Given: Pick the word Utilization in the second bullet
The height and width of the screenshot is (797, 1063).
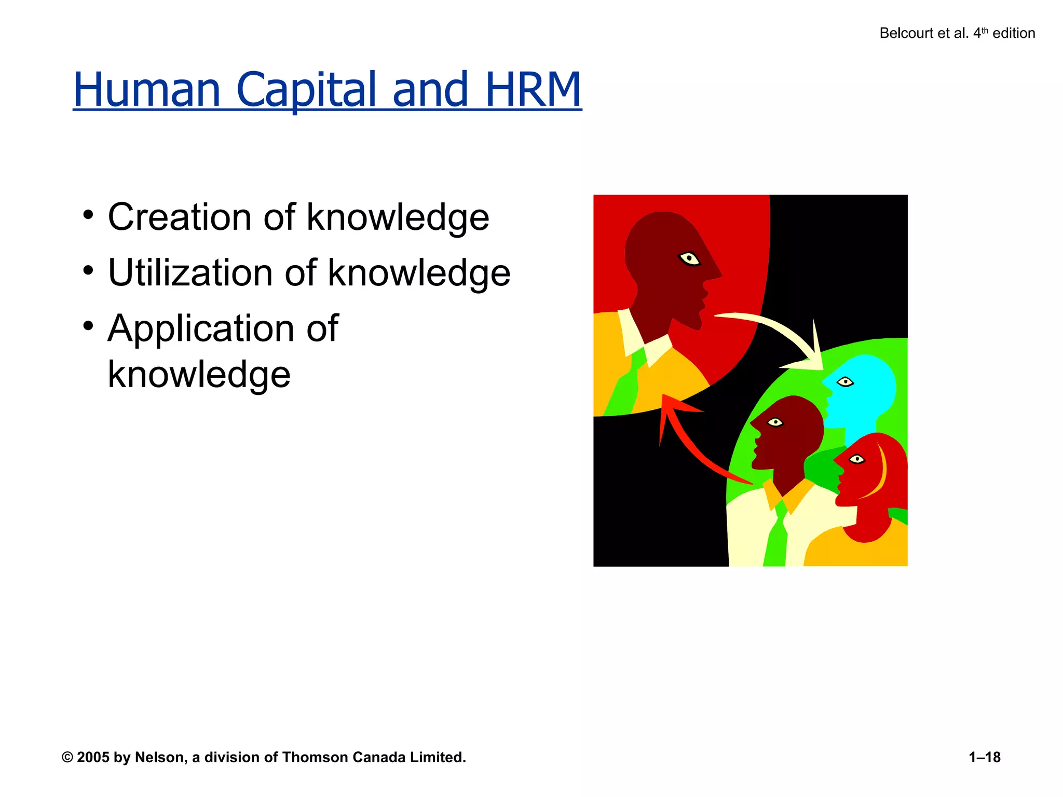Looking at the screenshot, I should point(190,272).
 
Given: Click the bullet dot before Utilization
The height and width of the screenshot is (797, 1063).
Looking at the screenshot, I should point(88,270).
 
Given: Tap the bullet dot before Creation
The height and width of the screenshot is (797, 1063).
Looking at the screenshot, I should point(88,214).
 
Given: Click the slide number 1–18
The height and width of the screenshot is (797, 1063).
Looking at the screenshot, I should point(984,758).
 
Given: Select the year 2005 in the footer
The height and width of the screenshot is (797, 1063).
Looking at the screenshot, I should point(93,758).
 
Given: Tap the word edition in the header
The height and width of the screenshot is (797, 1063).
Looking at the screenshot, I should point(1014,33).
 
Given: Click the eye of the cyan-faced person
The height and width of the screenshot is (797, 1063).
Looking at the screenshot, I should point(846,382).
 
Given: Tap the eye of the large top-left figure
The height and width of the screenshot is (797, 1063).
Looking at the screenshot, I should point(690,258).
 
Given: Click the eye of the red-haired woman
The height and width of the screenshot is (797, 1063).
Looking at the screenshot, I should point(856,459).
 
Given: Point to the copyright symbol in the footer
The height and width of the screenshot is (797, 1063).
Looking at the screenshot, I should point(67,758).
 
